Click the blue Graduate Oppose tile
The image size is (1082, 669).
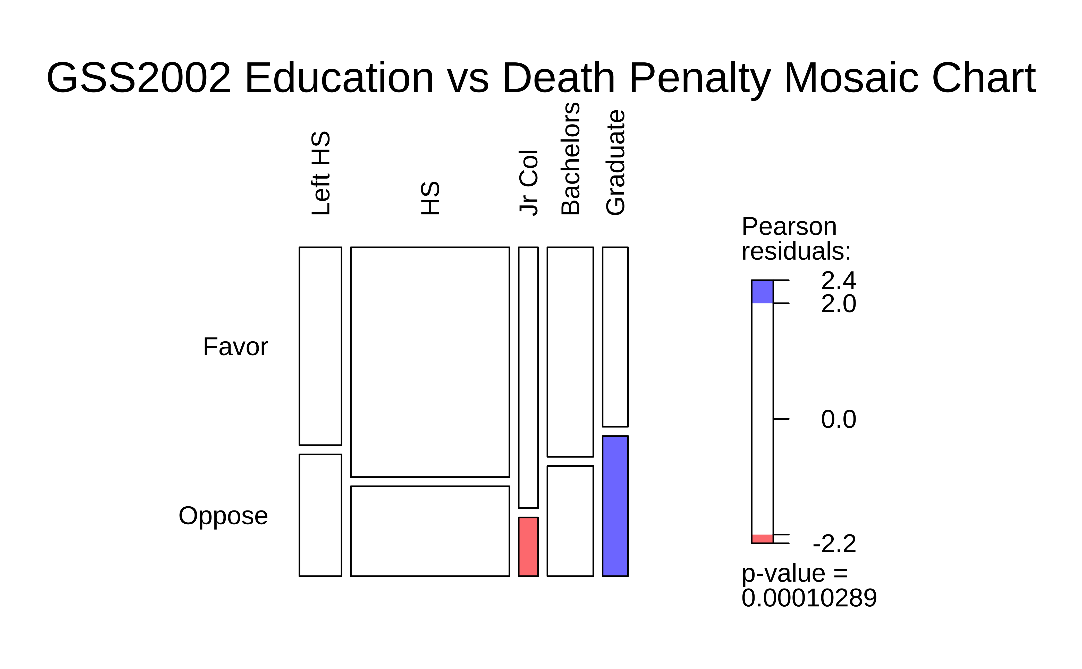click(x=615, y=506)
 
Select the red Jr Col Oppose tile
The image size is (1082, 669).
click(x=528, y=547)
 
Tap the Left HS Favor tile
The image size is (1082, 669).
click(x=320, y=346)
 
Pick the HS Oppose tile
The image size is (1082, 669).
click(x=430, y=531)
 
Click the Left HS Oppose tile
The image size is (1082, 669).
click(x=320, y=515)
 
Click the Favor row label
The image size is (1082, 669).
click(x=235, y=346)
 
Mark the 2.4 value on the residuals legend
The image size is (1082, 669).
click(x=838, y=280)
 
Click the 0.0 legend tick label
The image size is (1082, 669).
click(x=838, y=419)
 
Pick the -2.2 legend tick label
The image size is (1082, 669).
click(x=834, y=544)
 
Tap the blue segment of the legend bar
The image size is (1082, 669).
click(x=762, y=292)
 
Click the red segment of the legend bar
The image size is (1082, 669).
click(x=762, y=539)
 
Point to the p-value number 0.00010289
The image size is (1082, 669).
click(x=809, y=598)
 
